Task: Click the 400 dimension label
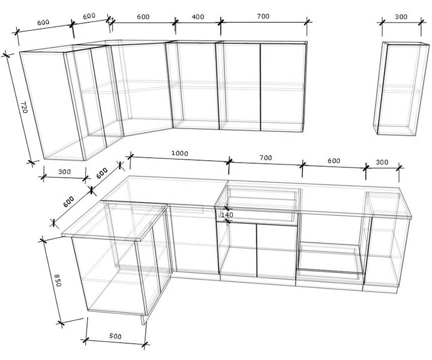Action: (x=198, y=17)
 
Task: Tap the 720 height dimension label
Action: (x=24, y=107)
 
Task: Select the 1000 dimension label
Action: (x=179, y=153)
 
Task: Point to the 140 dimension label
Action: (x=227, y=215)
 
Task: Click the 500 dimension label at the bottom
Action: (x=115, y=336)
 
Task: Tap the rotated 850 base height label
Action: (x=58, y=280)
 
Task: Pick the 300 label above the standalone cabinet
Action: (x=401, y=17)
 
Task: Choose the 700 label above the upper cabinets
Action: (x=263, y=16)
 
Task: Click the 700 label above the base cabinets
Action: (x=266, y=158)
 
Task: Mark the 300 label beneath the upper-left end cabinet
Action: (x=64, y=172)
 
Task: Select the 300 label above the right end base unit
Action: (x=382, y=162)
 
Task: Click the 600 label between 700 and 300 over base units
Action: (x=334, y=161)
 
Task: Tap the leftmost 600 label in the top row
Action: (x=43, y=22)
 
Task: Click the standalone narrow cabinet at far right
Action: (x=401, y=89)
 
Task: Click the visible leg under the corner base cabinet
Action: (x=144, y=320)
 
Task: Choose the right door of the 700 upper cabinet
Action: (x=283, y=87)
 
